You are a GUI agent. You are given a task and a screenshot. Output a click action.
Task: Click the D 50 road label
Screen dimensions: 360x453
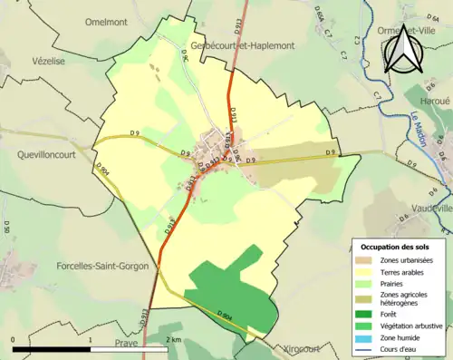tap(5, 227)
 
